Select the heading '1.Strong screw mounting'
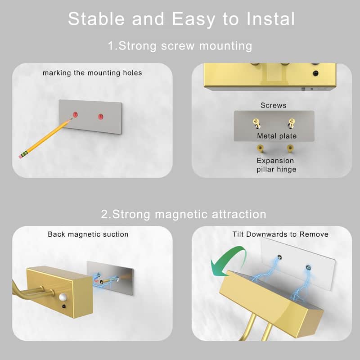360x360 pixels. coord(180,46)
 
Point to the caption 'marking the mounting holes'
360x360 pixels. coord(92,72)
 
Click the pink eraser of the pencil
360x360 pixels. coord(21,156)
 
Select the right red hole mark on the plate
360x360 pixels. coord(101,117)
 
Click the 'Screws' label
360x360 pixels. coord(273,105)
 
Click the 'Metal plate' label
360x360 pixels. coord(277,136)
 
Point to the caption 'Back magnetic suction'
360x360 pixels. coord(88,234)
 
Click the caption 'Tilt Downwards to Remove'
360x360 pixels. coord(280,234)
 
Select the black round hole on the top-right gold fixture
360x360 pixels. coord(315,73)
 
